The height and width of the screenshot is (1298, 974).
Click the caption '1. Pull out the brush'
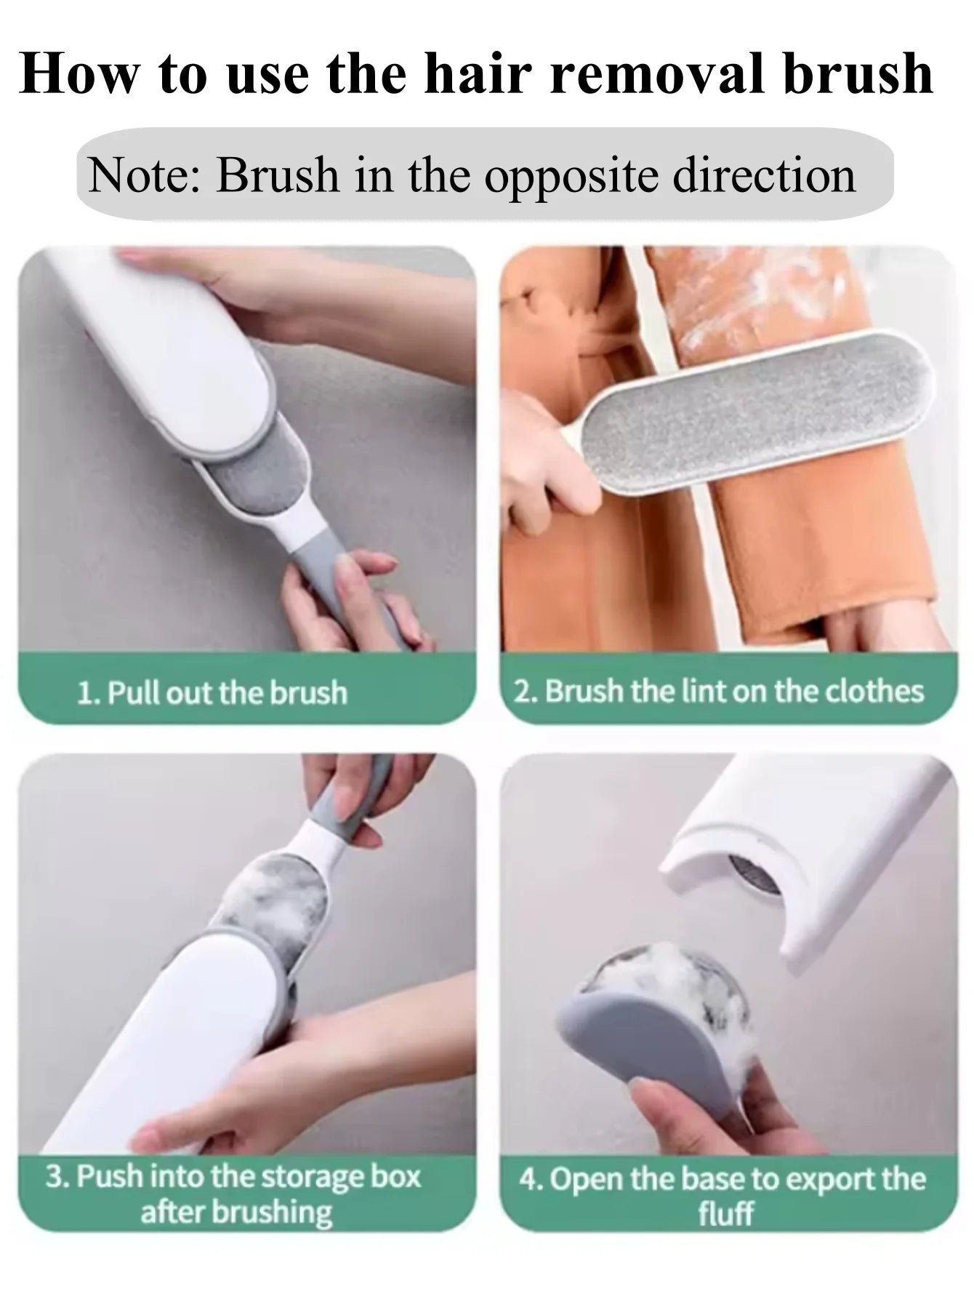point(212,693)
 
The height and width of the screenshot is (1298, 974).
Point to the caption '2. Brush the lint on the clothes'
point(720,691)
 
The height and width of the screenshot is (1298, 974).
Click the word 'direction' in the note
point(764,175)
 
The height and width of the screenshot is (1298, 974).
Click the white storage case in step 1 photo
point(167,356)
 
